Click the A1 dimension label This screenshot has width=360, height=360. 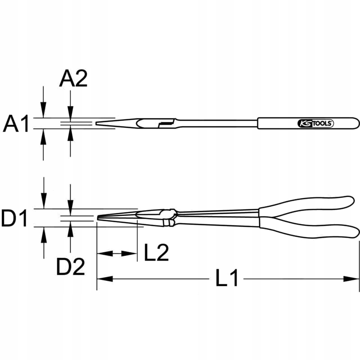(x=16, y=124)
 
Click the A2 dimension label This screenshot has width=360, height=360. (x=73, y=79)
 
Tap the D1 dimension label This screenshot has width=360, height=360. (x=14, y=219)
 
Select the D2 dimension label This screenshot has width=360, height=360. (x=71, y=268)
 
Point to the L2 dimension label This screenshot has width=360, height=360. (x=156, y=254)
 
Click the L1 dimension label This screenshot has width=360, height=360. (x=226, y=279)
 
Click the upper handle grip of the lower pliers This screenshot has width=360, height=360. (x=310, y=204)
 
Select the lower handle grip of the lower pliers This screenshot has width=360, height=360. (x=310, y=230)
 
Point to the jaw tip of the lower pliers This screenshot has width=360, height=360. (x=99, y=218)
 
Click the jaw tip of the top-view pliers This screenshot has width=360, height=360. (x=97, y=123)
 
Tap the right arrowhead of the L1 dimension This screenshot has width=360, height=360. (x=355, y=279)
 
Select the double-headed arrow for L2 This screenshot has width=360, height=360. (x=117, y=254)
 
